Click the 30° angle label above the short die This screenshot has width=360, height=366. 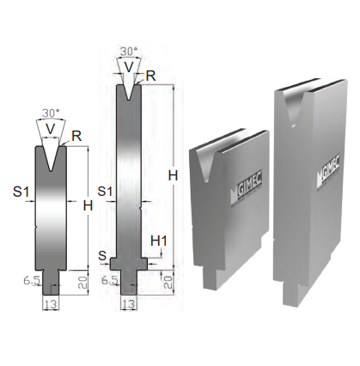[x=51, y=113]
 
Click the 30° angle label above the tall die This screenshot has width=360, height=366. [x=129, y=52]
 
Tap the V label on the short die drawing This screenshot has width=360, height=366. [x=51, y=129]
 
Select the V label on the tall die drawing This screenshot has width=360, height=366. [x=129, y=67]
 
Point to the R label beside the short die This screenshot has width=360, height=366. [x=76, y=137]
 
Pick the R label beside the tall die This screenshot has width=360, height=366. [x=150, y=76]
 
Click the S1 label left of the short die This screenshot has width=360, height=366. [x=21, y=192]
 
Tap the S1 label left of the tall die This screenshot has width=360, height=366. [x=106, y=191]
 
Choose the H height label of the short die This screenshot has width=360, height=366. [x=88, y=205]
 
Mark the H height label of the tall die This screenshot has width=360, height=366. [x=173, y=175]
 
